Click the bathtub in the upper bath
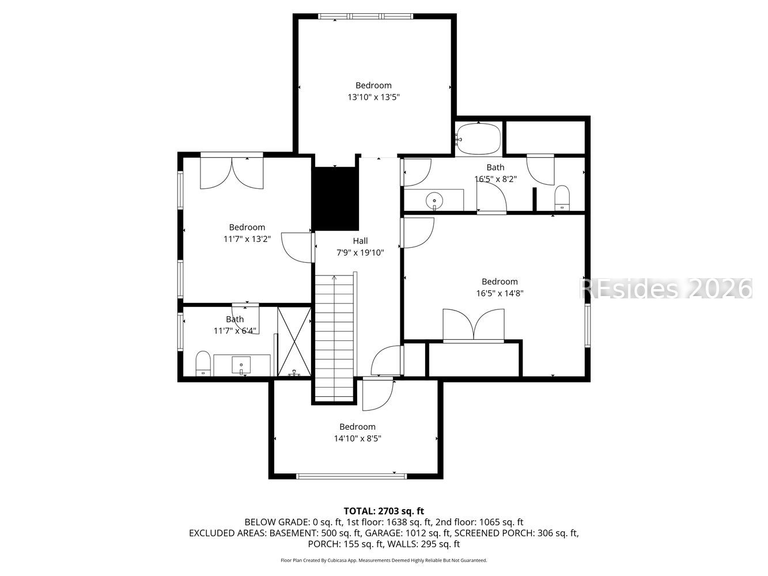coord(478,139)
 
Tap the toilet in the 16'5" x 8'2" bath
coord(562,198)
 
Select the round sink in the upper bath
coord(434,201)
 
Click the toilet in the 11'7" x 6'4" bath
coord(203,363)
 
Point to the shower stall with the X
coord(294,342)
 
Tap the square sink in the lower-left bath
coord(241,365)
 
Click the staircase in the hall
coord(334,337)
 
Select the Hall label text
coord(360,241)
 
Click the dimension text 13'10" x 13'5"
coord(373,97)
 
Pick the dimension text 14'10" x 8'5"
coord(357,438)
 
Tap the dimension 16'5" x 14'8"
coord(500,293)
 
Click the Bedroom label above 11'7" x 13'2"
coord(247,228)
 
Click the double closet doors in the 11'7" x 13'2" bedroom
coord(232,172)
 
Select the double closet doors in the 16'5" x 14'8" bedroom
coord(473,326)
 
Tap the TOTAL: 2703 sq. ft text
coord(384,511)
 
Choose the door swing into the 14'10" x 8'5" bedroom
coord(377,395)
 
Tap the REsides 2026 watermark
coord(665,288)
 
